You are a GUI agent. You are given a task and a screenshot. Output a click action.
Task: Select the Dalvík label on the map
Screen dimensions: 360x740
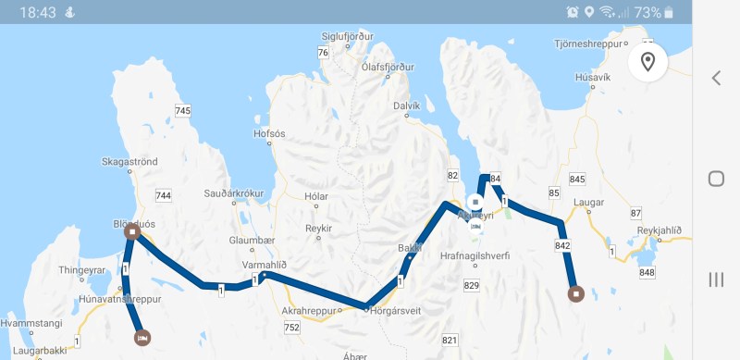(x=407, y=106)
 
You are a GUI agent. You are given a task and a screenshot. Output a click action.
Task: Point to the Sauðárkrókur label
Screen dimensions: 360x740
(x=234, y=194)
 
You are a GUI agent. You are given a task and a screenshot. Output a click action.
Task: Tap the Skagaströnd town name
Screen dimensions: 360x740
(x=129, y=162)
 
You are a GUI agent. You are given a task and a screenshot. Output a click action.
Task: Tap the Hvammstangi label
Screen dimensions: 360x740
(x=31, y=324)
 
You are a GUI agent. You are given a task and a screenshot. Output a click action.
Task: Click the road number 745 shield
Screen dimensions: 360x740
(x=182, y=111)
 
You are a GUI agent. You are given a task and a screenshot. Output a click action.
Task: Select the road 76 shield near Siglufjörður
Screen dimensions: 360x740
(x=323, y=53)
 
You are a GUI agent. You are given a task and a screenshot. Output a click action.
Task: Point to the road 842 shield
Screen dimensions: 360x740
(x=563, y=245)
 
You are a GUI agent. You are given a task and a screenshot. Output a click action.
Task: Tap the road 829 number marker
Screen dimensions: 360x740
(x=472, y=286)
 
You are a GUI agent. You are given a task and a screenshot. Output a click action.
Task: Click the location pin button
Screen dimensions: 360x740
(x=647, y=62)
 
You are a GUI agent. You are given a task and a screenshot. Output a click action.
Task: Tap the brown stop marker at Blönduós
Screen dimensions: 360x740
(x=132, y=232)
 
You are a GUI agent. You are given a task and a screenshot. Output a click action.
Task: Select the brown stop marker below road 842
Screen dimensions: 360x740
(x=575, y=294)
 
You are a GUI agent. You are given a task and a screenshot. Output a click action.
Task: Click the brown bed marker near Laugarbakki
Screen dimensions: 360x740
(x=142, y=338)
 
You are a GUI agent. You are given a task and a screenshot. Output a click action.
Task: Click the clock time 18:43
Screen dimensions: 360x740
(x=38, y=12)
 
